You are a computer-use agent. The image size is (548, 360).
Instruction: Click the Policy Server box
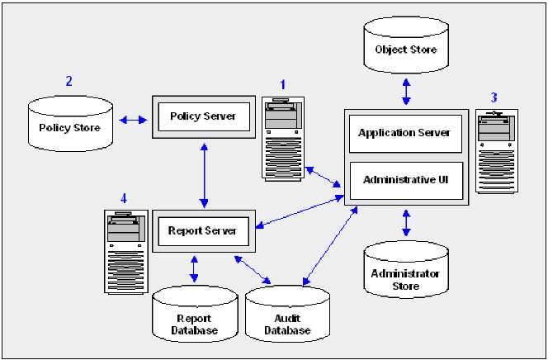click(x=202, y=116)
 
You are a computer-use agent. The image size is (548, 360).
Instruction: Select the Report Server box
click(x=202, y=231)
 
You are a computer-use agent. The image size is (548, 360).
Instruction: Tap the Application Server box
click(x=404, y=133)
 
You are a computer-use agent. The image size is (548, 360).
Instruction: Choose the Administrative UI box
click(x=404, y=179)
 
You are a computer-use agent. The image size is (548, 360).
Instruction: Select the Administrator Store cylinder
click(x=405, y=270)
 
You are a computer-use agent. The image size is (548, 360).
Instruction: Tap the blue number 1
click(x=282, y=84)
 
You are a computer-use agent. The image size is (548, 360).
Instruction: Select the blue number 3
click(x=494, y=97)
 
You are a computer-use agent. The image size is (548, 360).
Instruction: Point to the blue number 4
click(x=123, y=198)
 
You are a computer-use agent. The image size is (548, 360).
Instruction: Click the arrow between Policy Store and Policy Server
click(x=133, y=121)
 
